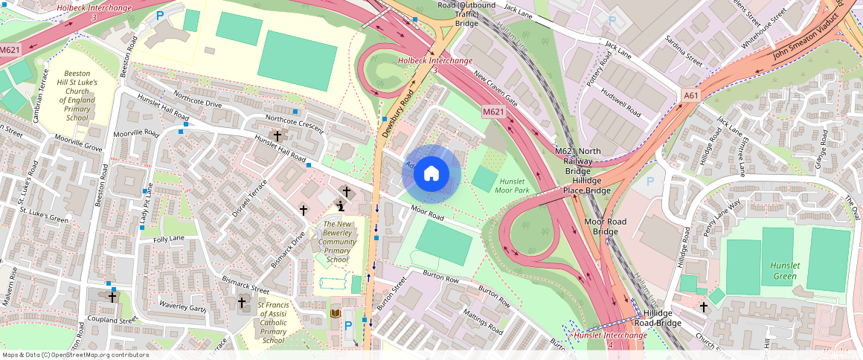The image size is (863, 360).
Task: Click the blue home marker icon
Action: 431,174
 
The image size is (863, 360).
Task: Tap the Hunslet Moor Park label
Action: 513,185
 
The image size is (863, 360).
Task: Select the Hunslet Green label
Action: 784,271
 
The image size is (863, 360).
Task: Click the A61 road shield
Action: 691,95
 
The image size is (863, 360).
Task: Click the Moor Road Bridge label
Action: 605,227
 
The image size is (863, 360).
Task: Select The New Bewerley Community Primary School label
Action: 337,242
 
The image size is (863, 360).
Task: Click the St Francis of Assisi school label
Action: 273,322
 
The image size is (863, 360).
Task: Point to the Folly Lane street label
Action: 169,239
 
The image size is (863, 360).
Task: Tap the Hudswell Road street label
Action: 620,104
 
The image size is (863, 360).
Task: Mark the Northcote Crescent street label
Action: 295,126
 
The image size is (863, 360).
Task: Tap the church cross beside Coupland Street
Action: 112,297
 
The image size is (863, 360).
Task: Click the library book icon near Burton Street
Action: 335,313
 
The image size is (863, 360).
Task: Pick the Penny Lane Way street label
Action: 722,216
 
